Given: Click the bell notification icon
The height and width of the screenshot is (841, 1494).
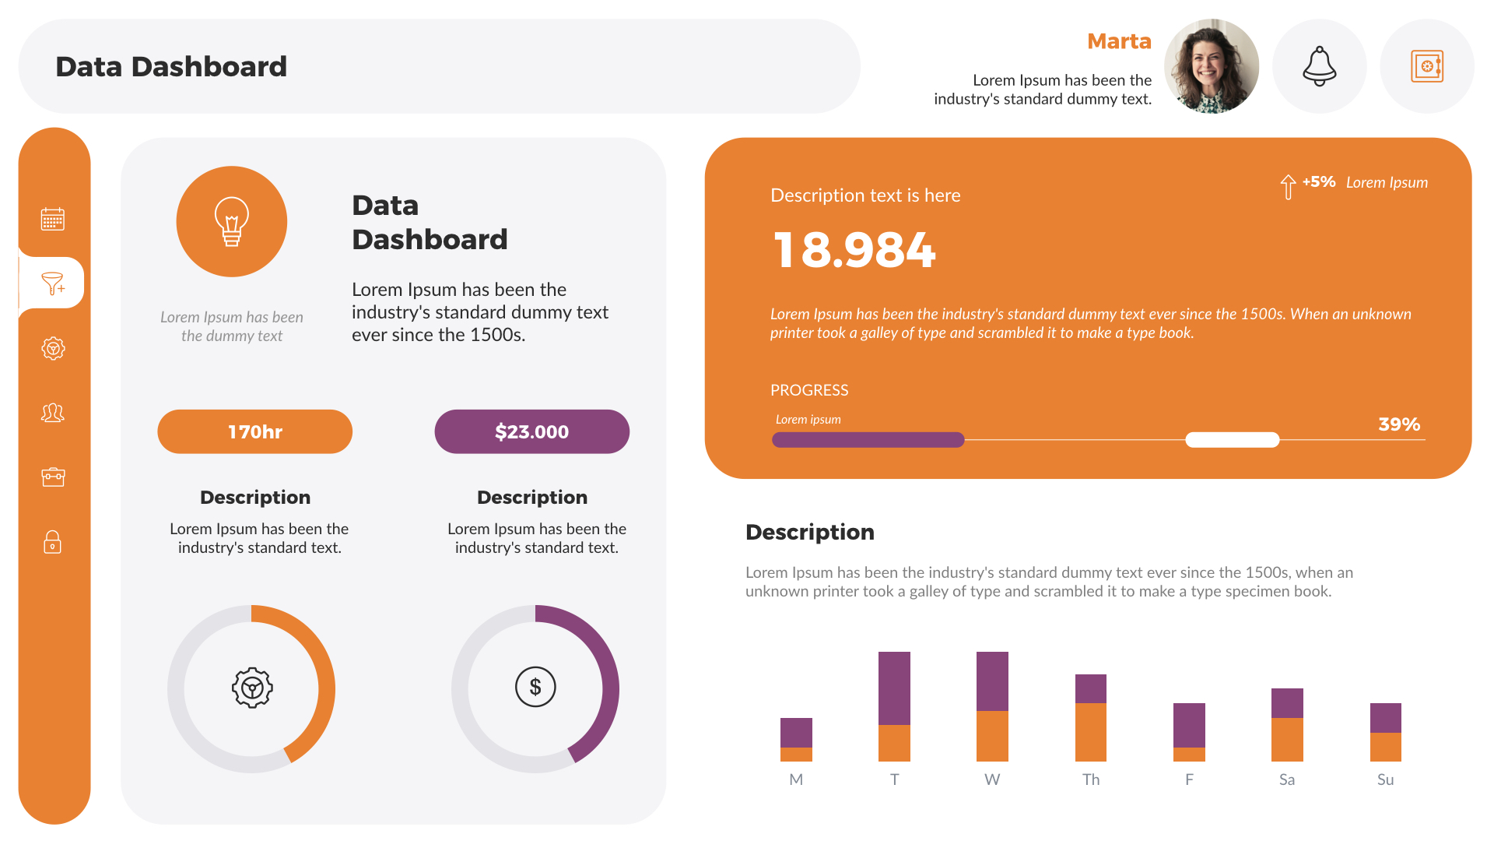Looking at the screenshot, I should point(1319,66).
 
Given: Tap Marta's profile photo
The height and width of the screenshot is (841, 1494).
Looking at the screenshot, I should point(1211,66).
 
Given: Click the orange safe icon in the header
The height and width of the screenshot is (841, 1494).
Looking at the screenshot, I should point(1426,66).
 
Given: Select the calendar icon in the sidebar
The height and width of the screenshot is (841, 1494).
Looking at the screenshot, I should point(53,219).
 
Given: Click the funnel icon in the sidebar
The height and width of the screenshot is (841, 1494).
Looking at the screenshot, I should point(53,283).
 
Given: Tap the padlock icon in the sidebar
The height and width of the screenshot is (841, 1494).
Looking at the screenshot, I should point(52,541).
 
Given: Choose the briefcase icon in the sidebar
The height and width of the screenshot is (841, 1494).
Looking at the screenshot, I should point(53,477).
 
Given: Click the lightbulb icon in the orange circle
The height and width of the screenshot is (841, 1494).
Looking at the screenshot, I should point(231,221).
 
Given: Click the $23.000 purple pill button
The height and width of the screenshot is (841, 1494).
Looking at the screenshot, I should point(531,431).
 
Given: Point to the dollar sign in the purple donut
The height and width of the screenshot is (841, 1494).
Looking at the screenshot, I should point(535,687).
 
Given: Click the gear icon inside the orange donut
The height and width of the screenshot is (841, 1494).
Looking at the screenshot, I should point(252,688).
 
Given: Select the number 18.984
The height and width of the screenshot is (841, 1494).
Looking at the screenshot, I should point(854,251).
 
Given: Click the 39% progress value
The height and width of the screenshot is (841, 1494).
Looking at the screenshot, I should point(1398,424).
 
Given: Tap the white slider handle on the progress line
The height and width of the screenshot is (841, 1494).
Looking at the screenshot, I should point(1232,440).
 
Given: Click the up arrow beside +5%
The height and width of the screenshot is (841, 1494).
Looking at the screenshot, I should point(1288,186).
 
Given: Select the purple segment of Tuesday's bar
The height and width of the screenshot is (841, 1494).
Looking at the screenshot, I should point(894,688).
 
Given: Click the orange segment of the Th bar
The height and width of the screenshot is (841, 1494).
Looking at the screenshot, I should point(1090,732).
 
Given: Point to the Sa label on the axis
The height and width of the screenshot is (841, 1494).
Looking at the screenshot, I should point(1286,779).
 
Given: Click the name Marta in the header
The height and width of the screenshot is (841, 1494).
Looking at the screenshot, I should point(1118,41).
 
